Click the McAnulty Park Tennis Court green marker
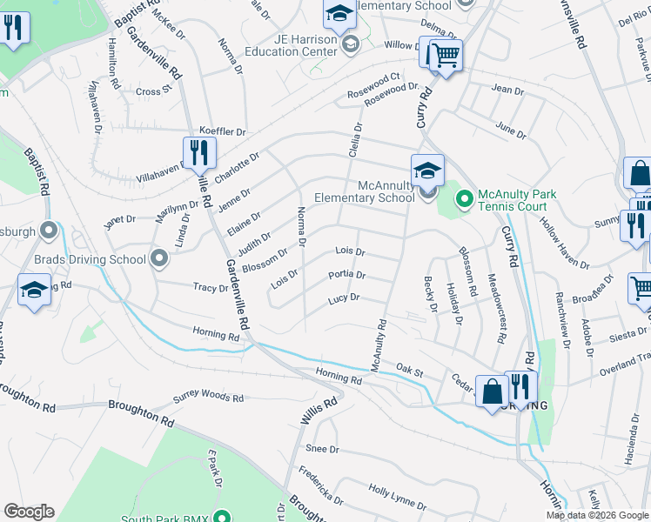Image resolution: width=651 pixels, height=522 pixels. tap(464, 199)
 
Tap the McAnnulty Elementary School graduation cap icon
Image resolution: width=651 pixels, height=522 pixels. tap(427, 171)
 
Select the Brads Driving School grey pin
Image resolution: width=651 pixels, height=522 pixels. tap(158, 258)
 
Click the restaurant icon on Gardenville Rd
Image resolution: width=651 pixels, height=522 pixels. tap(199, 154)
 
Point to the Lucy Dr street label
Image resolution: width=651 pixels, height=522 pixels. tap(344, 298)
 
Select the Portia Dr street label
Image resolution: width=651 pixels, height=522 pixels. tap(346, 275)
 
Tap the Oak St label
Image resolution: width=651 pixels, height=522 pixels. tap(409, 371)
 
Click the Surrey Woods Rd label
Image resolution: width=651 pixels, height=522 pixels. tap(208, 398)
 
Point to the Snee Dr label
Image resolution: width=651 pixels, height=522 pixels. tap(321, 449)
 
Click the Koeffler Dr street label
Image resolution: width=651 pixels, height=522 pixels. tap(223, 131)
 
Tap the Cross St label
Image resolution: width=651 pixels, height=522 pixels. tap(149, 91)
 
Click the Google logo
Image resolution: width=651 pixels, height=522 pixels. tap(29, 512)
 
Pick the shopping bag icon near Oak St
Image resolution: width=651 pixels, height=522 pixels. tap(493, 391)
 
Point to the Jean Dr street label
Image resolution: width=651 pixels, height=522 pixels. tap(507, 89)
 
